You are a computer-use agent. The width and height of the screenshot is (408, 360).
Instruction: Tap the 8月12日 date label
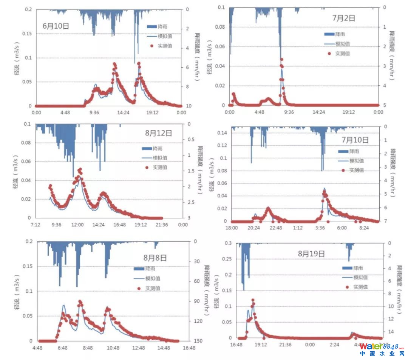coord(158,133)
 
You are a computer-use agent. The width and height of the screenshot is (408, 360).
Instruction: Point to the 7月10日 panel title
coord(355,140)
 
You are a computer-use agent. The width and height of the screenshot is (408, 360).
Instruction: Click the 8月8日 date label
coord(155,258)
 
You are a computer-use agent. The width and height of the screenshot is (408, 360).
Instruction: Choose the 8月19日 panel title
coord(311,254)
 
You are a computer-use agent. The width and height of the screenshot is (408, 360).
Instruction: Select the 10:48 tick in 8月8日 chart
coord(113,348)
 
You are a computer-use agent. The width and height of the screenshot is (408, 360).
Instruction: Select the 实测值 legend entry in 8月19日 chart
coord(361,287)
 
